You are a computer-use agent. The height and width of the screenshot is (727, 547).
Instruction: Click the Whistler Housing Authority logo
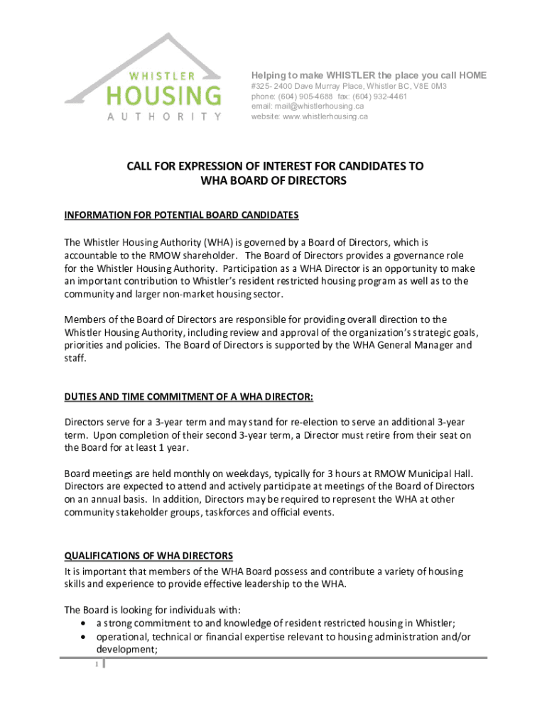[x=143, y=79]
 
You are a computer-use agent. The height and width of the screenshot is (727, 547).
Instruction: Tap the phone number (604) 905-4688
[x=306, y=97]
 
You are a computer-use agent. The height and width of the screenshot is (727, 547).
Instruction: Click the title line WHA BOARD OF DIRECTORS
[x=273, y=181]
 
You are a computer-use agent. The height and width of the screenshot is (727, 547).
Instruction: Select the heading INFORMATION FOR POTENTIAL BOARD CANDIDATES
[x=182, y=215]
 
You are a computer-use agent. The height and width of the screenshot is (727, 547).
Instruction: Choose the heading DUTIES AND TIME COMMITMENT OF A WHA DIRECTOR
[x=189, y=396]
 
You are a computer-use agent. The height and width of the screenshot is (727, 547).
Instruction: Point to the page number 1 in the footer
[x=95, y=665]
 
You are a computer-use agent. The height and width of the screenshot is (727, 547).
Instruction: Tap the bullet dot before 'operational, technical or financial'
[x=85, y=637]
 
